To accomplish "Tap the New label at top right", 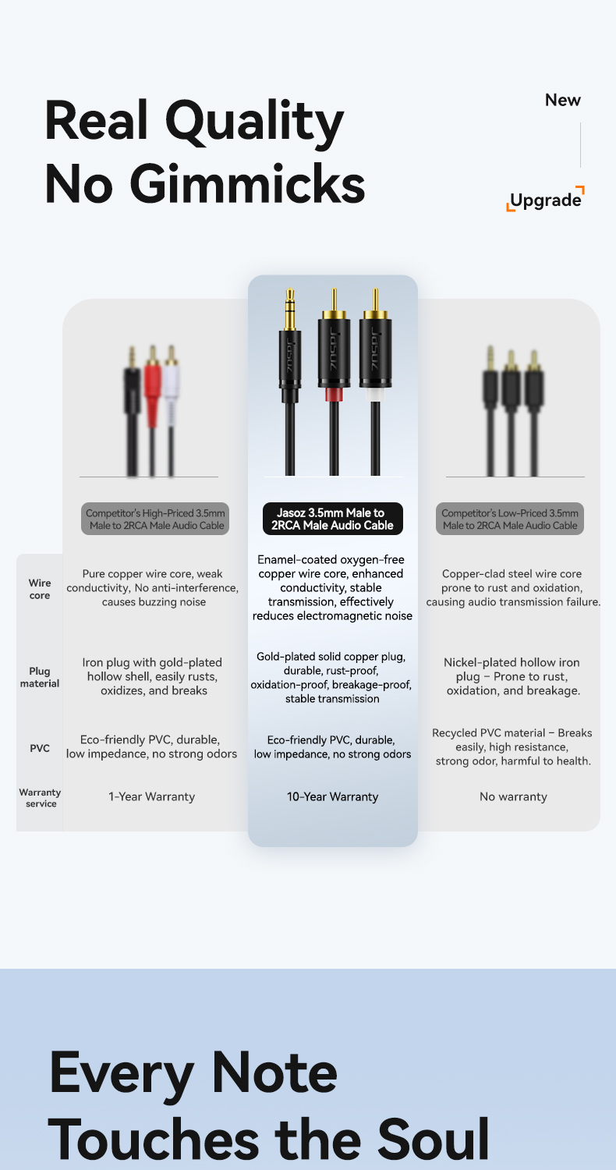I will click(x=562, y=100).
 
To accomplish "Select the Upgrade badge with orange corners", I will click(x=545, y=200).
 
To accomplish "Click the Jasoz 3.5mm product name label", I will click(x=333, y=519).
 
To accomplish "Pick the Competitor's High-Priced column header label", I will click(x=155, y=519).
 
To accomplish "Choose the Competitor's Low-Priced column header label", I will click(x=510, y=519).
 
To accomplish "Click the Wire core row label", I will click(x=40, y=589).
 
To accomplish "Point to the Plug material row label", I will click(x=39, y=677).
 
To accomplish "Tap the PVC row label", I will click(x=40, y=748).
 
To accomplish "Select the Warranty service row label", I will click(x=40, y=797).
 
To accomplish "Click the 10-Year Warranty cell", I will click(x=333, y=796).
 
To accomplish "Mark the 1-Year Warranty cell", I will click(x=151, y=796).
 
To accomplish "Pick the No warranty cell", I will click(x=513, y=796).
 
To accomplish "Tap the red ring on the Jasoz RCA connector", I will click(x=333, y=394).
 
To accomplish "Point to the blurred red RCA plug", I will click(x=153, y=390).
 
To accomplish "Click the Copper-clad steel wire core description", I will click(x=513, y=588).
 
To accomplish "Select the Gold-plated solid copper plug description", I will click(x=331, y=677).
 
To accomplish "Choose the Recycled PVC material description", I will click(x=513, y=746).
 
